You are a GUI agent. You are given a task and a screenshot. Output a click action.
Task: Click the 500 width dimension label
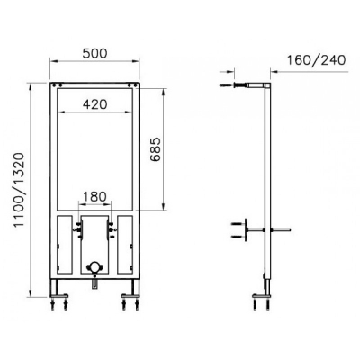94,53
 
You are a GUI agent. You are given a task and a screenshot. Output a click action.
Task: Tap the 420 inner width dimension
94,104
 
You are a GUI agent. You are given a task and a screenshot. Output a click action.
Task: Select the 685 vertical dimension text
156,149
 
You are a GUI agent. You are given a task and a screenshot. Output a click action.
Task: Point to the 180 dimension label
94,197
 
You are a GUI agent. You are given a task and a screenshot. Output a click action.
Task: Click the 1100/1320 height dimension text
20,190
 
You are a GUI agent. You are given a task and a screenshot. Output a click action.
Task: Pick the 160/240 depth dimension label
317,60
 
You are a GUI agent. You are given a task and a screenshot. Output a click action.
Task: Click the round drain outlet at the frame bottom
94,266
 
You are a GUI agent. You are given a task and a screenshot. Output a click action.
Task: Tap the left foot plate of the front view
59,296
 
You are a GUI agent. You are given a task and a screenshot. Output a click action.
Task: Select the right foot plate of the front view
130,296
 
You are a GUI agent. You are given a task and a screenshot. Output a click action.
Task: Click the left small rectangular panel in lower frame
65,245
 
